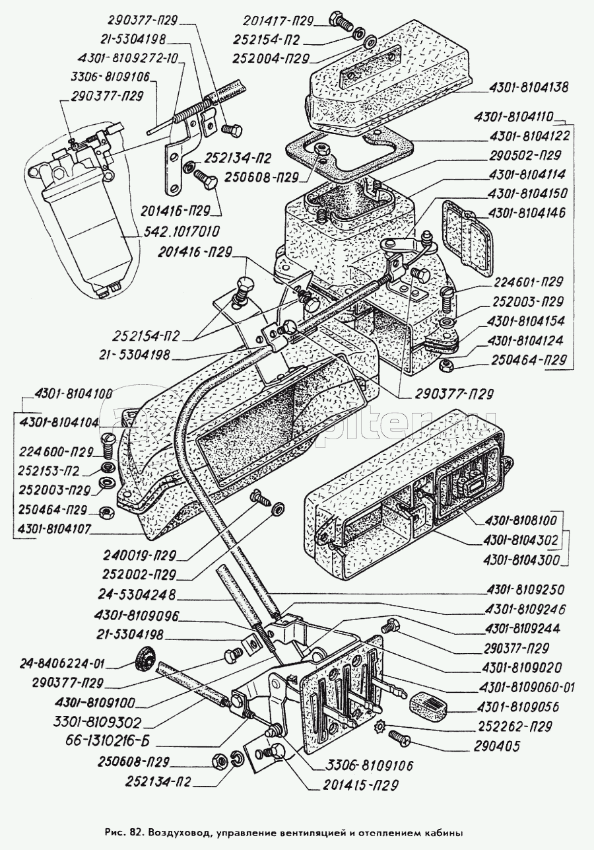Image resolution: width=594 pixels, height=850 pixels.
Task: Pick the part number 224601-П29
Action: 528,281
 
